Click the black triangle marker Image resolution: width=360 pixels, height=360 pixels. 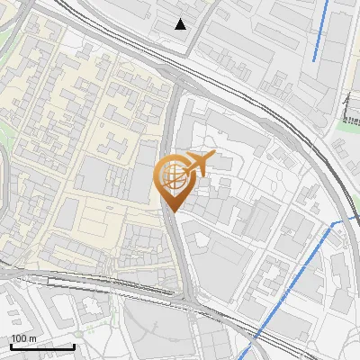[x=181, y=23]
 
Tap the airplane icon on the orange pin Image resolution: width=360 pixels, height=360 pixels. [x=199, y=164]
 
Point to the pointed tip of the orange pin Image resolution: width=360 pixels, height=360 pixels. [x=172, y=211]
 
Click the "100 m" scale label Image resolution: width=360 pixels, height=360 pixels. [x=23, y=337]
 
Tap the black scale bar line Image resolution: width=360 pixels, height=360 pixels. [x=42, y=346]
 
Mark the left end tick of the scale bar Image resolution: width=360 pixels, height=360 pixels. [x=11, y=346]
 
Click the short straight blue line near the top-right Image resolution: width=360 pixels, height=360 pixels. [x=320, y=31]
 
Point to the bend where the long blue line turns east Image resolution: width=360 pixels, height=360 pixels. [x=334, y=222]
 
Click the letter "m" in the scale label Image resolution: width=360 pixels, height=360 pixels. [x=32, y=337]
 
